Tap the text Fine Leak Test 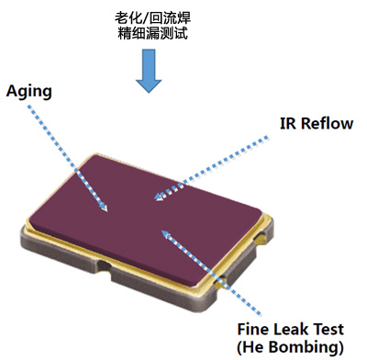point(289,328)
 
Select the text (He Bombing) point(289,346)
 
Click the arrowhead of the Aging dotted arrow point(105,209)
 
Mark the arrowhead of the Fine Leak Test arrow point(162,233)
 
